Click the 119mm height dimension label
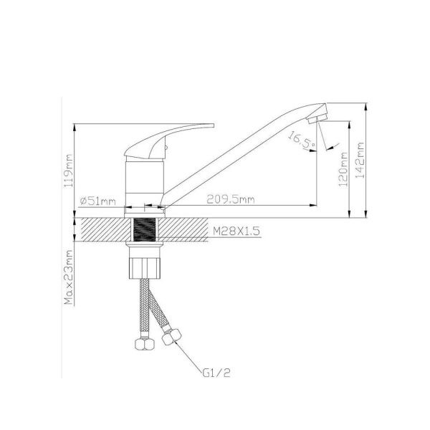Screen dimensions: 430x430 coord(69,171)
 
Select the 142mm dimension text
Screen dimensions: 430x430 coord(360,160)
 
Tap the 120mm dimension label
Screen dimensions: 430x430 coord(343,170)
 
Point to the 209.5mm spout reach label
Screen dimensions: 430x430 coord(230,199)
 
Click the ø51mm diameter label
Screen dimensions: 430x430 coord(98,201)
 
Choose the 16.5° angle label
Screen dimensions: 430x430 coord(302,140)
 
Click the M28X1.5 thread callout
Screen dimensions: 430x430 coord(236,231)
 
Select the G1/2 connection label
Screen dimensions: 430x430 coord(216,373)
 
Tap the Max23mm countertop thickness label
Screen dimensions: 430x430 coord(69,277)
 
